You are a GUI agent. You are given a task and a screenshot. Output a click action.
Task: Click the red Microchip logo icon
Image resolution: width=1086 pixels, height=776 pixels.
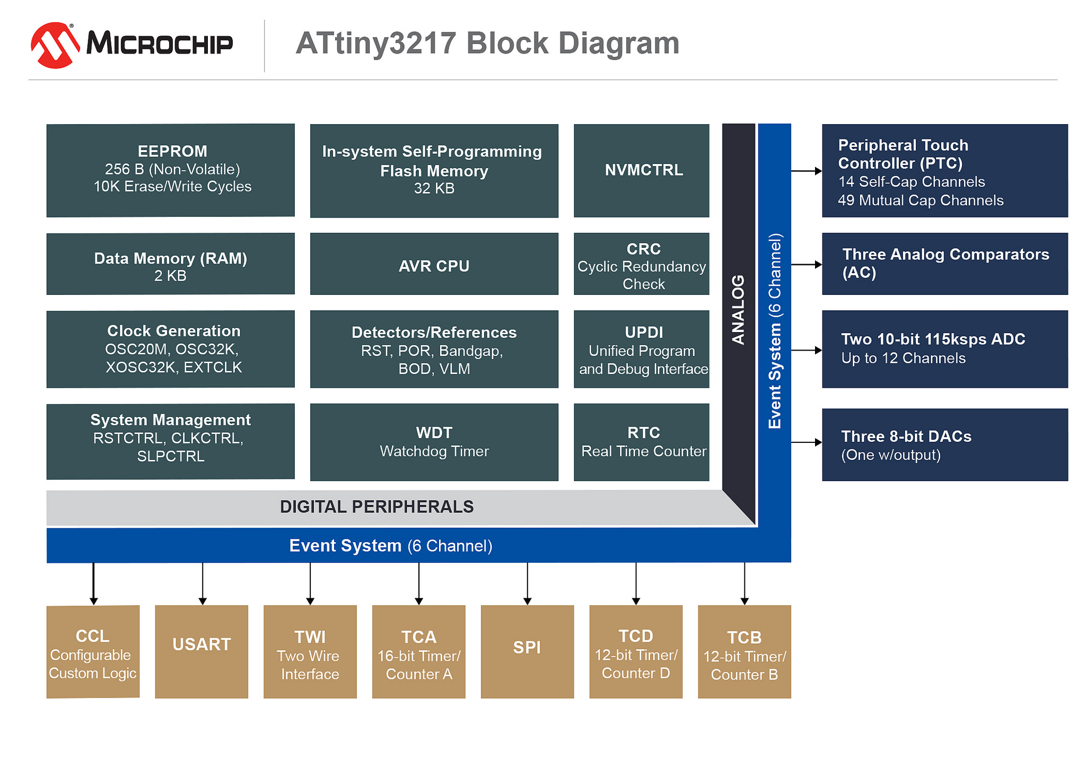pos(55,45)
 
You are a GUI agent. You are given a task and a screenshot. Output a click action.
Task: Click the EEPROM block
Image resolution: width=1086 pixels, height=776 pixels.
pos(170,170)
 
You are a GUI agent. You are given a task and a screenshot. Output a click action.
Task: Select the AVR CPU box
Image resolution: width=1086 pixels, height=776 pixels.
pos(434,264)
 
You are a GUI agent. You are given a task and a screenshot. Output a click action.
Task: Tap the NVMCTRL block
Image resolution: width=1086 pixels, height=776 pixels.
pos(641,170)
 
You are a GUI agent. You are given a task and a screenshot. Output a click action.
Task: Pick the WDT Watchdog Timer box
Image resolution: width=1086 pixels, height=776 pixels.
pos(434,442)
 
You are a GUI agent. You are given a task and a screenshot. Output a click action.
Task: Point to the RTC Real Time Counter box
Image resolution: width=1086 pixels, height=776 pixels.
pos(641,442)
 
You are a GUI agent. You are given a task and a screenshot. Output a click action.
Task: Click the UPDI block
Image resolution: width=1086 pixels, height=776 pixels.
pos(641,349)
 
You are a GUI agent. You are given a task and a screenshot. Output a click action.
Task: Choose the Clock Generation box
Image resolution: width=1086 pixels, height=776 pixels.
pos(170,349)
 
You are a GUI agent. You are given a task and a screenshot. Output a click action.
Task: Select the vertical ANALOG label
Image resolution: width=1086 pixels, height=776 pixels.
pos(738,310)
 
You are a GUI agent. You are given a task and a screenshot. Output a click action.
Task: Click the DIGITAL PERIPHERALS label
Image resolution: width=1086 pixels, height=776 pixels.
pos(376,507)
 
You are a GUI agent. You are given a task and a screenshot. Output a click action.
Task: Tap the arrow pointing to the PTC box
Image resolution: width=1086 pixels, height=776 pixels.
pos(806,171)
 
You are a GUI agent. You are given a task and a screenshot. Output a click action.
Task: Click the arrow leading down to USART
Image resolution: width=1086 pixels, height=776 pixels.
pos(203,583)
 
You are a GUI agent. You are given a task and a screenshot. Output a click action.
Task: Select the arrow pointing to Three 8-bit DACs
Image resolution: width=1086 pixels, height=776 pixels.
pos(806,442)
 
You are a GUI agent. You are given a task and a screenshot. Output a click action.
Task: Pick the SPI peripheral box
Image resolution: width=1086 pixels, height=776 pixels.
pos(527,651)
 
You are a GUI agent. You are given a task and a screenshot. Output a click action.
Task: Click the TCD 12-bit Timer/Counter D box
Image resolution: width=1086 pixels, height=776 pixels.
pos(636,651)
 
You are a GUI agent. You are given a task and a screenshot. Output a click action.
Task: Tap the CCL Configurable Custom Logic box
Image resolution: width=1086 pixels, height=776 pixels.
pos(93,651)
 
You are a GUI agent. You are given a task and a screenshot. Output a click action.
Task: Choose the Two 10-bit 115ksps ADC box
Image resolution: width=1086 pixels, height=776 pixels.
pos(944,349)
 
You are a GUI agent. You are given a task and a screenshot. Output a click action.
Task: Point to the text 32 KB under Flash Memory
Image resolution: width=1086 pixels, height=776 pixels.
pos(434,189)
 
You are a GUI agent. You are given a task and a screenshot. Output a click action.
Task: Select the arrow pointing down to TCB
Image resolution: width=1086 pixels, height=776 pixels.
pos(745,583)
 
